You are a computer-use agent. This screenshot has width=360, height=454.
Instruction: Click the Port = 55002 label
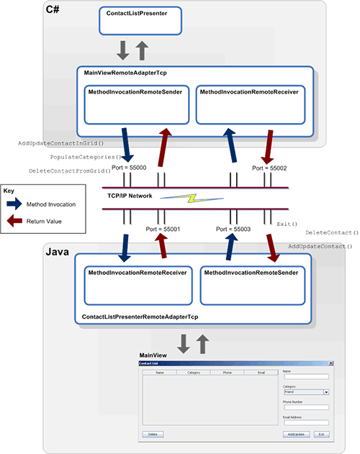pos(270,167)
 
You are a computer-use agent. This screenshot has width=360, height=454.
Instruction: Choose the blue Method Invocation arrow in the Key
pos(21,204)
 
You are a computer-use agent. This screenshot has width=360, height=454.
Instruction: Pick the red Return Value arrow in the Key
pos(21,222)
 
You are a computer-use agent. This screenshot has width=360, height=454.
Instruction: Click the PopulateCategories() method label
pos(86,157)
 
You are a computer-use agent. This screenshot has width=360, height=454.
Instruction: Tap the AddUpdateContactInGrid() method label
pos(66,143)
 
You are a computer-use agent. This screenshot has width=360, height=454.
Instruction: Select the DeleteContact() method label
pos(332,233)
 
